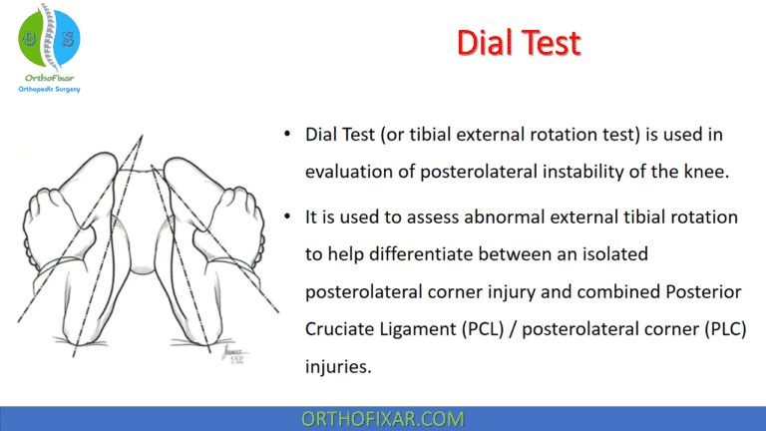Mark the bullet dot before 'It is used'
coord(288,218)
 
